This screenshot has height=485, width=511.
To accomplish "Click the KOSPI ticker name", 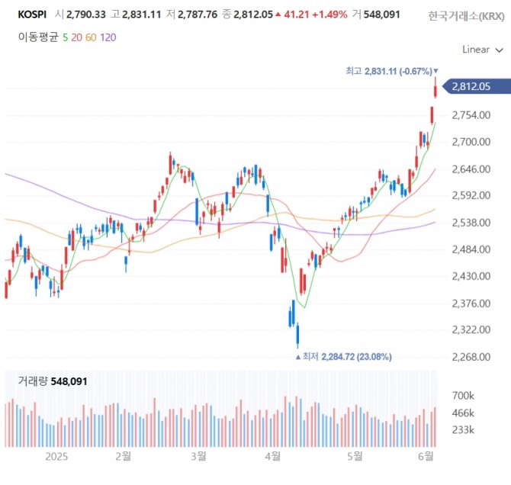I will click(x=32, y=14).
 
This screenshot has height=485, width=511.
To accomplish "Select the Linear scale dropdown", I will click(x=482, y=50).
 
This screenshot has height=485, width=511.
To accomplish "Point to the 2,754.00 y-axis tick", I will click(x=471, y=115).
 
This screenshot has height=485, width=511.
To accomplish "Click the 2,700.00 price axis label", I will click(x=471, y=142).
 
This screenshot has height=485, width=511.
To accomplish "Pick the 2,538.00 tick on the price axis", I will click(x=471, y=223).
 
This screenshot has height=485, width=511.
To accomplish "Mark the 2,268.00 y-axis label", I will click(x=471, y=357).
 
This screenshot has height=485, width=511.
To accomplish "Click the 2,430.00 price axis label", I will click(x=471, y=276).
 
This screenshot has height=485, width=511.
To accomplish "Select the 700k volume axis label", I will click(x=463, y=397).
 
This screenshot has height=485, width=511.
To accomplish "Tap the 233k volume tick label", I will click(x=463, y=430).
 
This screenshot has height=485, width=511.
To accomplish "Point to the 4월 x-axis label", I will click(x=272, y=456).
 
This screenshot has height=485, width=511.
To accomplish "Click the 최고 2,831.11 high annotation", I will click(x=388, y=71).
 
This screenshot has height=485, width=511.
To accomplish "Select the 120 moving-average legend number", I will click(x=108, y=36).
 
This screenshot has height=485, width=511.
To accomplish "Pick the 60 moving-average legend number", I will click(x=90, y=36).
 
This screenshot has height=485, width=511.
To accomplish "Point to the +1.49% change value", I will click(x=329, y=14).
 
